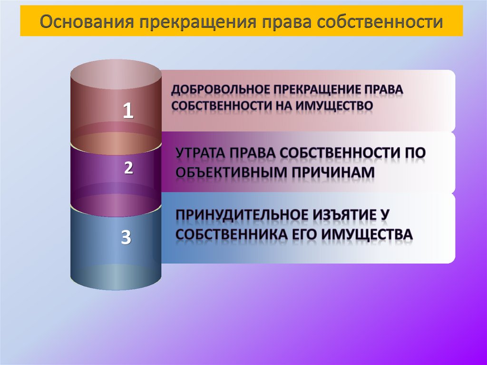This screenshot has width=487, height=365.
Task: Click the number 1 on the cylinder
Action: (128, 111)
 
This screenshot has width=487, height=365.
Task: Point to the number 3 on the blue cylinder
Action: (126, 237)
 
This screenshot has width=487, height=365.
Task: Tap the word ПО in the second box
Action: (413, 154)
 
